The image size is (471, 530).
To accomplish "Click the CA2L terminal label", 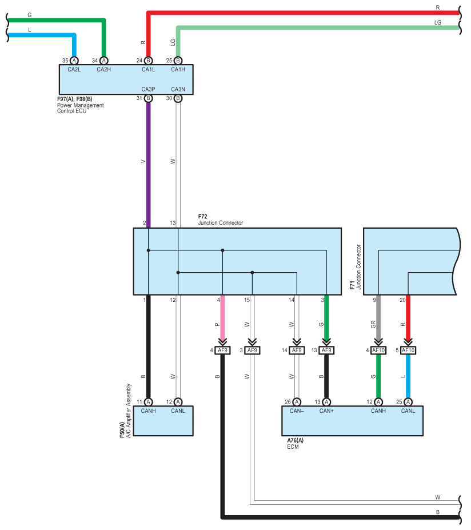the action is click(x=74, y=69).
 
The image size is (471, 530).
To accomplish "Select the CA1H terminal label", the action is click(x=178, y=69).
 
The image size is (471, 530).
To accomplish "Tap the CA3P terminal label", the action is click(x=148, y=89).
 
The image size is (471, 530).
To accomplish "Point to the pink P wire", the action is click(x=222, y=317).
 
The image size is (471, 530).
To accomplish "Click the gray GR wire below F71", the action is click(x=378, y=317).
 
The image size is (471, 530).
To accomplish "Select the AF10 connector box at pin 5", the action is click(x=408, y=350).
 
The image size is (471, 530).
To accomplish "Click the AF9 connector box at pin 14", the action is click(x=297, y=350).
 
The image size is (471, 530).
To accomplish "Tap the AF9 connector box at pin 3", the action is click(x=252, y=350).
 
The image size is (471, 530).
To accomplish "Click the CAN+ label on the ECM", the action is click(x=326, y=411).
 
